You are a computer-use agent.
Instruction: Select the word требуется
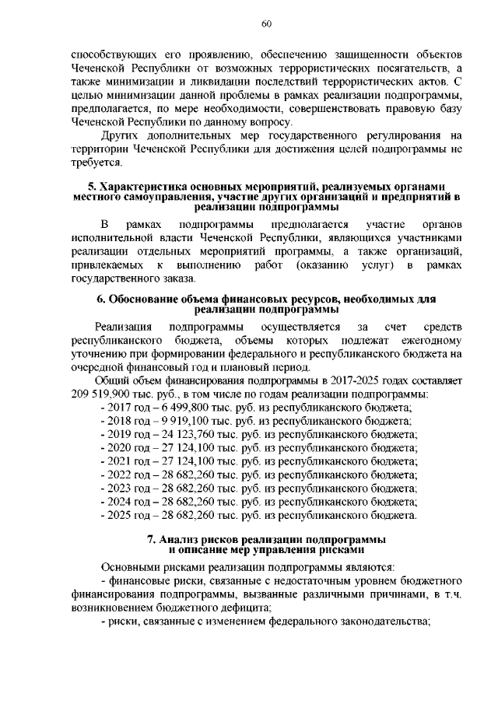[96, 162]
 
